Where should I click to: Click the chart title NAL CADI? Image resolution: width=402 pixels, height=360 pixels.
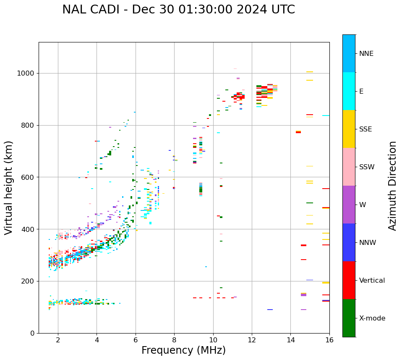pyautogui.click(x=178, y=10)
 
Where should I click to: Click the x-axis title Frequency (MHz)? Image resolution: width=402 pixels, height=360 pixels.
pyautogui.click(x=183, y=350)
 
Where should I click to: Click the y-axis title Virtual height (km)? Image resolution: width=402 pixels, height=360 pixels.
pyautogui.click(x=9, y=188)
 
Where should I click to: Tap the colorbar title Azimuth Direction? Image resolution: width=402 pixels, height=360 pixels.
pyautogui.click(x=393, y=186)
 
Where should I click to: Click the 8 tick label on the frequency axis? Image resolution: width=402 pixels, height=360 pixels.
pyautogui.click(x=174, y=339)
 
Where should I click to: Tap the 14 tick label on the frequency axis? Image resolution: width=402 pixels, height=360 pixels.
pyautogui.click(x=290, y=339)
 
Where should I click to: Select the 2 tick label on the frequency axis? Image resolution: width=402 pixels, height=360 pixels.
pyautogui.click(x=58, y=339)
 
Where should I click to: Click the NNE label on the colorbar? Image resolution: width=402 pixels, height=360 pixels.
pyautogui.click(x=366, y=54)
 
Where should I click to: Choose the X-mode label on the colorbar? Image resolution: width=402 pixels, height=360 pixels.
pyautogui.click(x=372, y=318)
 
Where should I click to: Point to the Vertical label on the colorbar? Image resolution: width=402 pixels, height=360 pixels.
pyautogui.click(x=372, y=281)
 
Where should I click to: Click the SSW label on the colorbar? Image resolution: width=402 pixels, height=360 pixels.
pyautogui.click(x=367, y=167)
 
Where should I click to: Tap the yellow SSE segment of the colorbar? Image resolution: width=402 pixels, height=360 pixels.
pyautogui.click(x=349, y=129)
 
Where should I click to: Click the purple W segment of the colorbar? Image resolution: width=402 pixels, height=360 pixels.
pyautogui.click(x=349, y=205)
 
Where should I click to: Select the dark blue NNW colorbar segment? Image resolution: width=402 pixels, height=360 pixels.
pyautogui.click(x=349, y=242)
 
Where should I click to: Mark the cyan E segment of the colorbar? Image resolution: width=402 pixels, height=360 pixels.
pyautogui.click(x=349, y=91)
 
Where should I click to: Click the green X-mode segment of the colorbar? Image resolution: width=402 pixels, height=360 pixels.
pyautogui.click(x=349, y=318)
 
